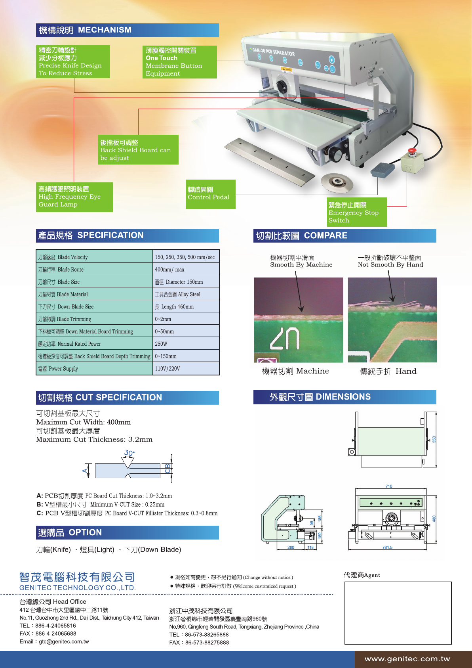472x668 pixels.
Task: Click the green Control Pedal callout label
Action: point(211,194)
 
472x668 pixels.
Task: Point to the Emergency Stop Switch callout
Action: point(357,212)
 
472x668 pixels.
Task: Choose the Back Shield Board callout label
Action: point(138,150)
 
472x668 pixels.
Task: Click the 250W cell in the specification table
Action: point(186,344)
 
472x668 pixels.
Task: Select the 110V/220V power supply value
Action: point(186,369)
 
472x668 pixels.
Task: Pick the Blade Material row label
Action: point(94,294)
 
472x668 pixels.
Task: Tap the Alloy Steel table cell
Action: point(186,294)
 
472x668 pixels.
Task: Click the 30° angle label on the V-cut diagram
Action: point(129,453)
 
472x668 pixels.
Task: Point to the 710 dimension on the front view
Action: point(389,486)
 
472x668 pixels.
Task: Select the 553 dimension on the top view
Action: point(434,439)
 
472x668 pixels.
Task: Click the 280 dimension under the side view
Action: point(291,547)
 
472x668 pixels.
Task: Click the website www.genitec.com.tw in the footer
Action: point(407,659)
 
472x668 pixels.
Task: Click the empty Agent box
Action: point(398,613)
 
